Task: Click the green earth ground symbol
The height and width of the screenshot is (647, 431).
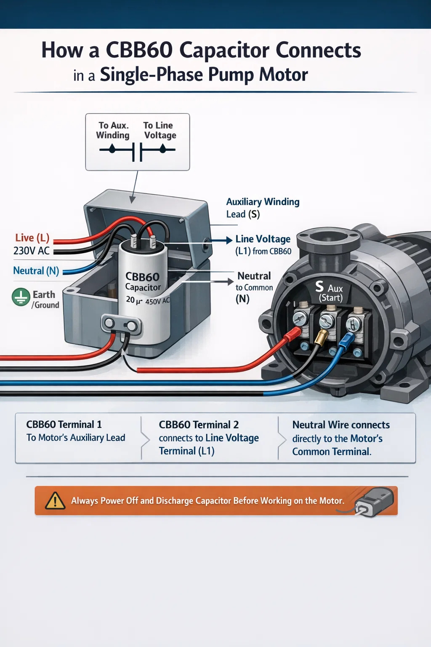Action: coord(21,297)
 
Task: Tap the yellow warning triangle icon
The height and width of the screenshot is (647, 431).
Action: coord(55,501)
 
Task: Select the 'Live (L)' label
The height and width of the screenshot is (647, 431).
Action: coord(32,238)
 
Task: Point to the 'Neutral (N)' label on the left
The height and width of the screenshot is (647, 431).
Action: coord(36,270)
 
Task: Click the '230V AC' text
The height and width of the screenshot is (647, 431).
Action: coord(32,251)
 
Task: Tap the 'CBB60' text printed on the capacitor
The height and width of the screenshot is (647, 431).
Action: coord(142,277)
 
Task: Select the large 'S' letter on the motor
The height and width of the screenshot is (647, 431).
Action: coord(319,287)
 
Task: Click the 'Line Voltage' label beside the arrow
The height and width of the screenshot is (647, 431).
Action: coord(263,239)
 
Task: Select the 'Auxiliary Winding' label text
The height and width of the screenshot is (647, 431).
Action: coord(263,202)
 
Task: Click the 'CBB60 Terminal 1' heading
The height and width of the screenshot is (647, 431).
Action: coord(64,424)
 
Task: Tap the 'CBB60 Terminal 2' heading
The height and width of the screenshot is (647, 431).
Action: coord(199,425)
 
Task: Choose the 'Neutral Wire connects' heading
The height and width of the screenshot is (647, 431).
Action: coord(341,425)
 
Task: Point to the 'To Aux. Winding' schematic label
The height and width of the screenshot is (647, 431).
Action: coord(113,130)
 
